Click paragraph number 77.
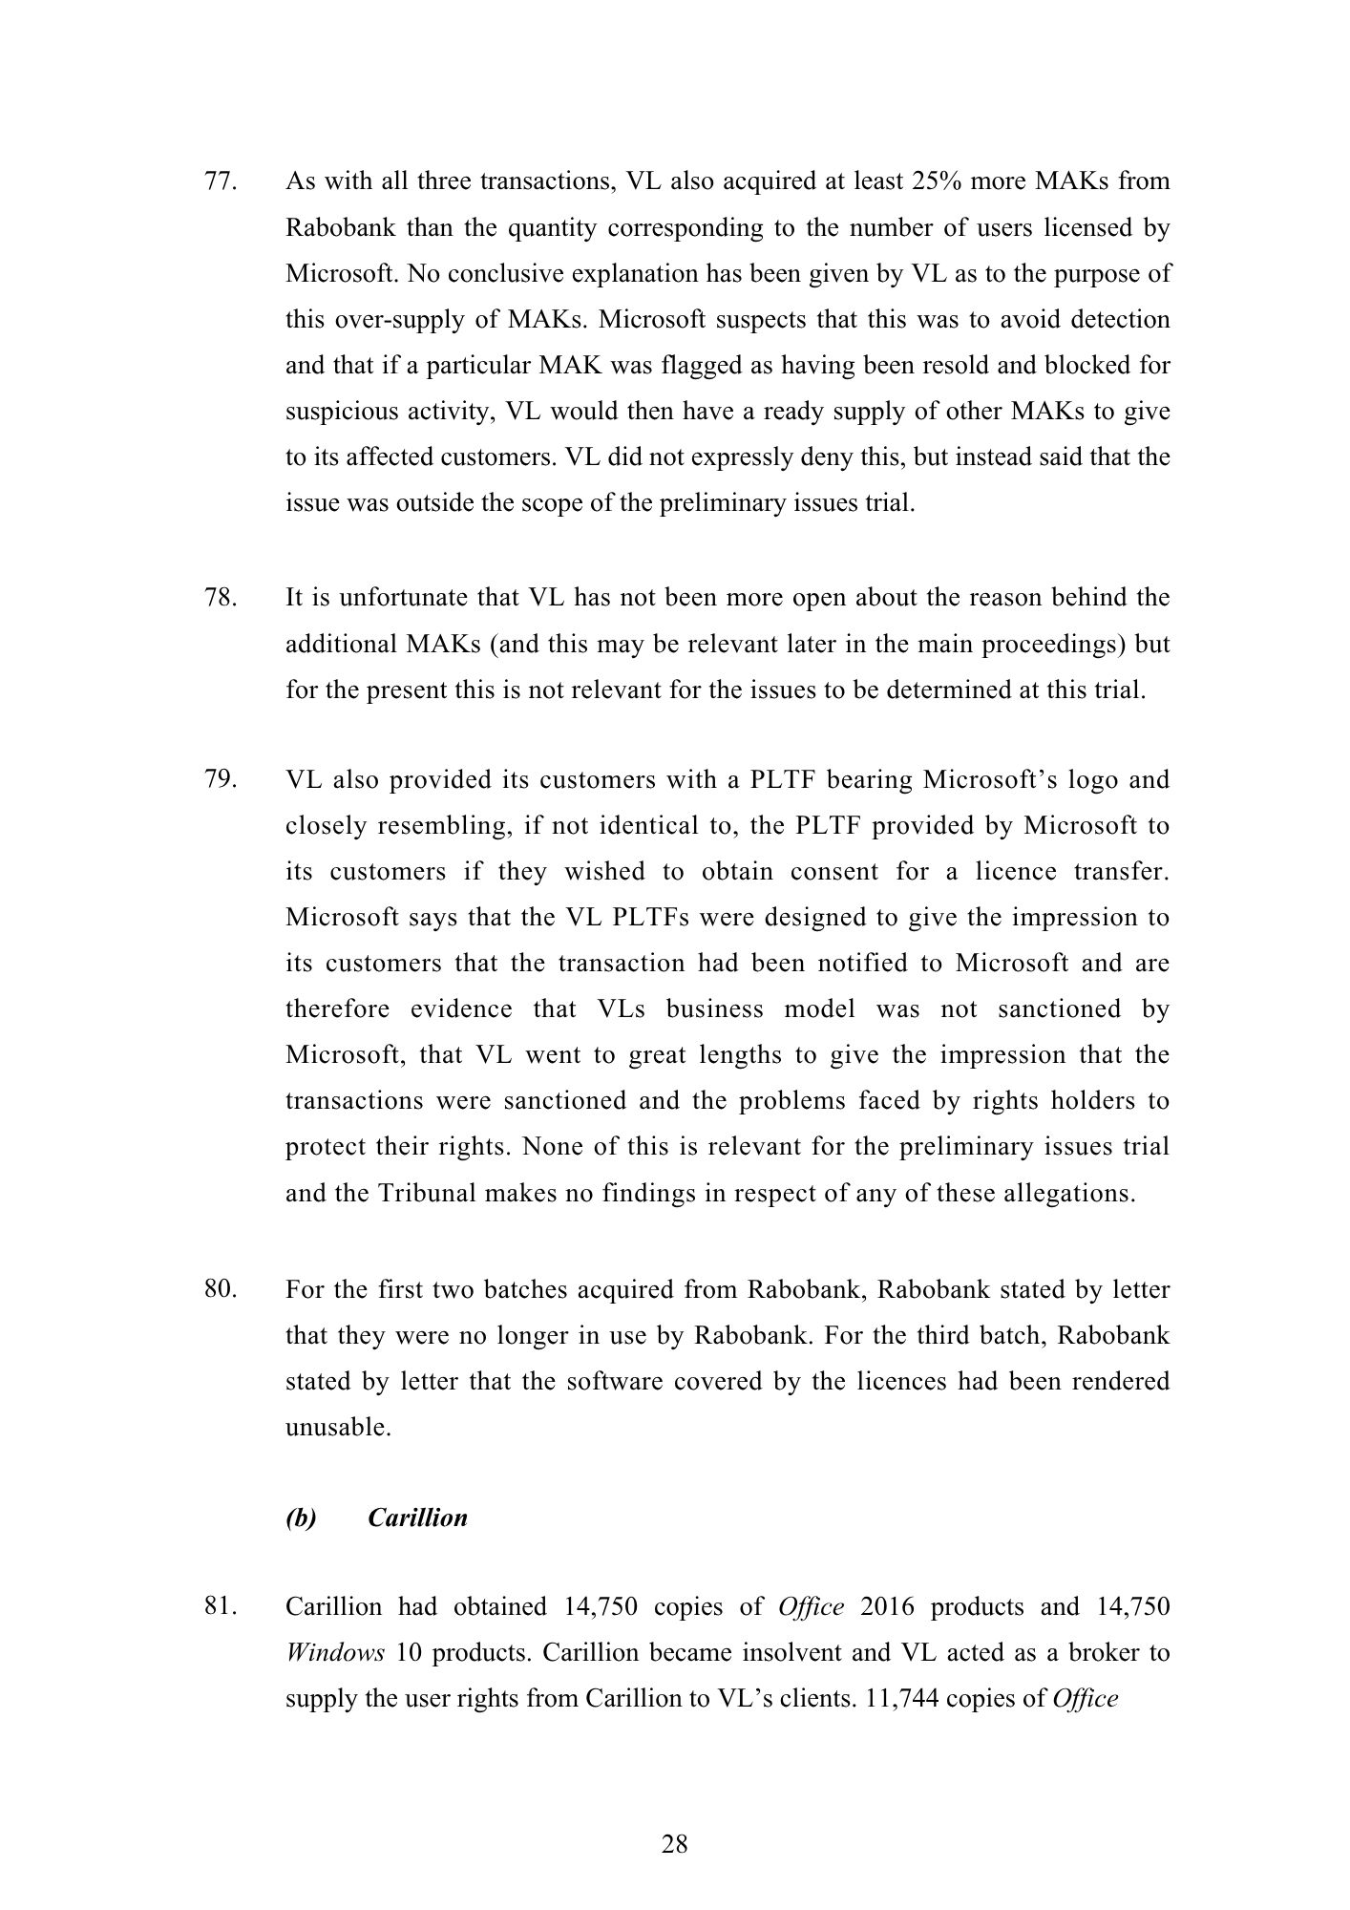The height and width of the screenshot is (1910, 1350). click(x=221, y=181)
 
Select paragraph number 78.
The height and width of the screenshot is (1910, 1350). click(x=221, y=598)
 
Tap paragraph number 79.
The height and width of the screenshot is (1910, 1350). click(x=221, y=779)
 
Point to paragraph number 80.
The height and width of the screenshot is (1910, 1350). click(x=221, y=1289)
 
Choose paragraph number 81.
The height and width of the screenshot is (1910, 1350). click(x=221, y=1606)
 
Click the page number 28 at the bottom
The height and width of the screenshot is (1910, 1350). click(x=675, y=1844)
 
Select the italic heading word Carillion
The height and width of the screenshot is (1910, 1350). click(x=417, y=1517)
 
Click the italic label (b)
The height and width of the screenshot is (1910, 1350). click(x=301, y=1517)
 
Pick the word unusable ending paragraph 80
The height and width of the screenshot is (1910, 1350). click(x=337, y=1428)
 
